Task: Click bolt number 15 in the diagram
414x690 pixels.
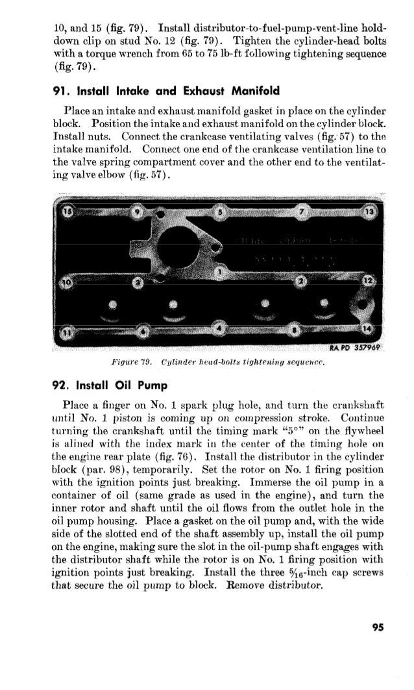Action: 67,212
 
